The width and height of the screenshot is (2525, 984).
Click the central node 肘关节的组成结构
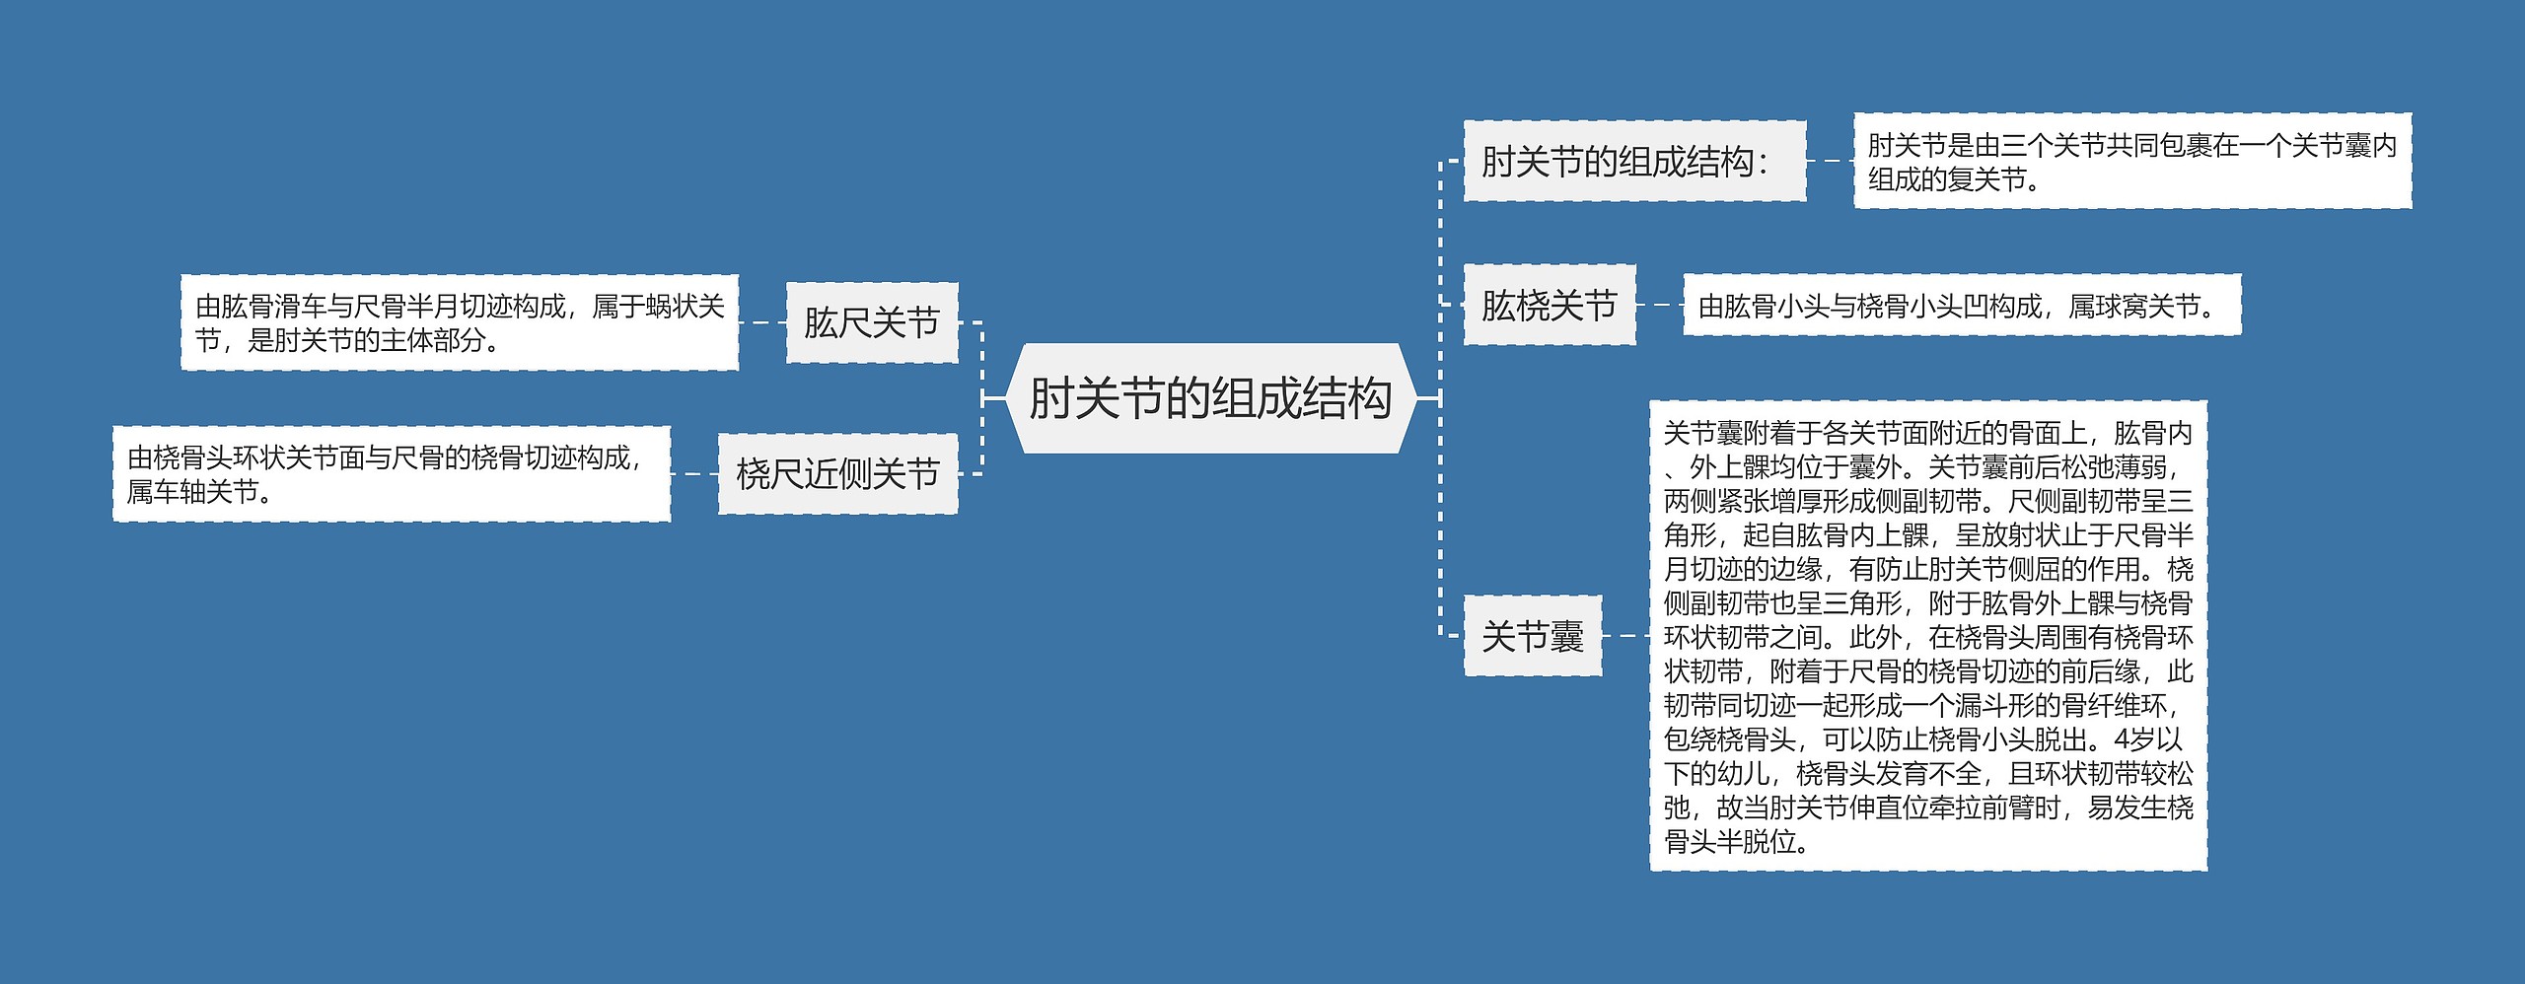(x=1210, y=398)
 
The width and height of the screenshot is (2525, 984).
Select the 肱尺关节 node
(x=872, y=322)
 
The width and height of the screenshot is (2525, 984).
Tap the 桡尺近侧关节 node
(x=837, y=473)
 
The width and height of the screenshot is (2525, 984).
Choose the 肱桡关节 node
(x=1549, y=305)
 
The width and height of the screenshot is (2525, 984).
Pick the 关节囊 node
(x=1532, y=636)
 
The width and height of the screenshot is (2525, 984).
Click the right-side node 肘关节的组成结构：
(x=1633, y=162)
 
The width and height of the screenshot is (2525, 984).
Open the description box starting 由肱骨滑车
(x=460, y=322)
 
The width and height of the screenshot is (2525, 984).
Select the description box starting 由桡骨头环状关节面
(x=392, y=473)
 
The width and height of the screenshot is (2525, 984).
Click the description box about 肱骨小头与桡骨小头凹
(x=1961, y=306)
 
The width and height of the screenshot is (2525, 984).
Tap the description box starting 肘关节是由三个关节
(x=2131, y=162)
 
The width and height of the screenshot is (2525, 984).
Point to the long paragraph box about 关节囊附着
(x=1927, y=636)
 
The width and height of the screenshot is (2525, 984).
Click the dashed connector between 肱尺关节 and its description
(x=762, y=322)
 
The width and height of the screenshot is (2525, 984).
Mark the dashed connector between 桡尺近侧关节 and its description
(x=694, y=473)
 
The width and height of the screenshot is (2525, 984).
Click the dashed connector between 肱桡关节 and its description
(x=1659, y=306)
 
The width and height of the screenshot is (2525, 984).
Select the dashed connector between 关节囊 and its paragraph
(x=1625, y=636)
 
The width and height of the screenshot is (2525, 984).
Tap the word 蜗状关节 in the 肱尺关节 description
(x=685, y=307)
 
